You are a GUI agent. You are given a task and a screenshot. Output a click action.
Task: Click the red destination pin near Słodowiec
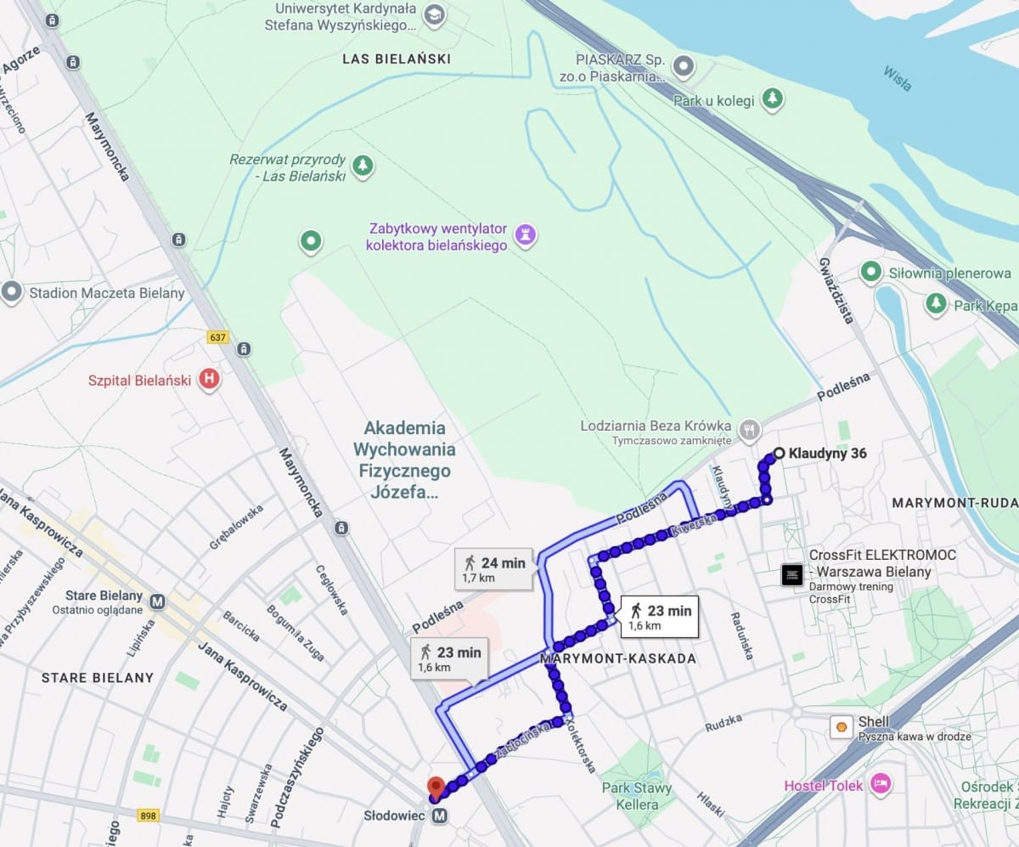point(436,788)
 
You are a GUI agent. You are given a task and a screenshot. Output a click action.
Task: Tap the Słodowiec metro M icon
point(439,816)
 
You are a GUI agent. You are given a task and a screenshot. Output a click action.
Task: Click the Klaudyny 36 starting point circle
point(779,454)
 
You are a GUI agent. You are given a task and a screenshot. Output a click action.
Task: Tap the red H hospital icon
point(208,379)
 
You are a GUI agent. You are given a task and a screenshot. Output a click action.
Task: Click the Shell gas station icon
point(842,727)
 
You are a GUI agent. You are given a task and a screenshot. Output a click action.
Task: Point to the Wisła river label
point(897,78)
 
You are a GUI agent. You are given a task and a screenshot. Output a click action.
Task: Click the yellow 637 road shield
point(217,337)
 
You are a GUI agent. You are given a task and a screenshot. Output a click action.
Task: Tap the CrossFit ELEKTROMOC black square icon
point(792,575)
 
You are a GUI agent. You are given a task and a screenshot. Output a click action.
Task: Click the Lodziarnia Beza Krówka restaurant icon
point(748,430)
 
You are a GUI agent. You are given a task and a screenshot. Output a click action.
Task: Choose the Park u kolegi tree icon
point(771,99)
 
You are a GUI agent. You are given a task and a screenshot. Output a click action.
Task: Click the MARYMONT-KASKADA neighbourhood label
point(618,658)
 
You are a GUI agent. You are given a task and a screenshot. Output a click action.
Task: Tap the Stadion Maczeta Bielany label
point(107,293)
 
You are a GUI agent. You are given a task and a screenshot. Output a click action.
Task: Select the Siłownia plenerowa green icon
point(870,272)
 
